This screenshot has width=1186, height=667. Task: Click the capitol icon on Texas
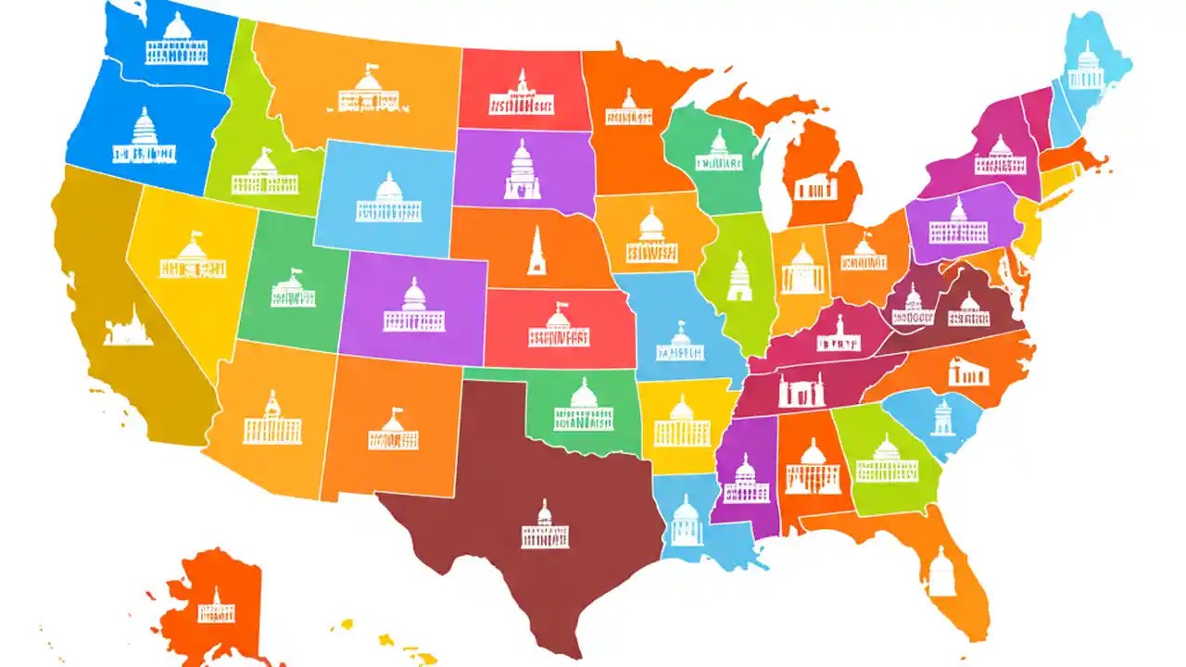pyautogui.click(x=545, y=526)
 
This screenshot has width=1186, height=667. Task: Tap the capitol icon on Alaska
pyautogui.click(x=217, y=607)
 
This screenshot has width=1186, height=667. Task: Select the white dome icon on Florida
pyautogui.click(x=941, y=573)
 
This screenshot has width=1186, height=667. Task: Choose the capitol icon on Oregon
pyautogui.click(x=145, y=137)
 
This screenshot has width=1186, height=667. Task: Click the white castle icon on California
pyautogui.click(x=128, y=326)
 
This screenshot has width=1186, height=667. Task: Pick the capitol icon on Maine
pyautogui.click(x=1086, y=67)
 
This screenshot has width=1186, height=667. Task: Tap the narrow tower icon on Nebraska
pyautogui.click(x=536, y=252)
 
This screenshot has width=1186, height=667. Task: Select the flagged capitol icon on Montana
pyautogui.click(x=368, y=90)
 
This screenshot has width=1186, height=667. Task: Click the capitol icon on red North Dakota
pyautogui.click(x=523, y=94)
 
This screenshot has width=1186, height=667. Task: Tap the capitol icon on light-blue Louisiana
pyautogui.click(x=686, y=521)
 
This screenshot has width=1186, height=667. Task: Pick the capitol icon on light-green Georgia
pyautogui.click(x=887, y=460)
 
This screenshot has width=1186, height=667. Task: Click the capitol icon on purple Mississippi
pyautogui.click(x=746, y=479)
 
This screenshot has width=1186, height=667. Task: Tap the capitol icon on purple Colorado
pyautogui.click(x=413, y=307)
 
